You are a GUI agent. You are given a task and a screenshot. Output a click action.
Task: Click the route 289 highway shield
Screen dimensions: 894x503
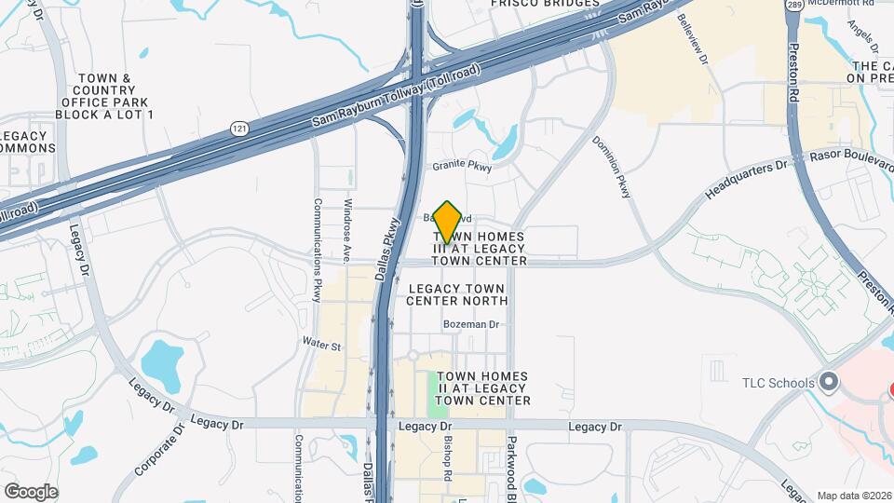[x=793, y=6]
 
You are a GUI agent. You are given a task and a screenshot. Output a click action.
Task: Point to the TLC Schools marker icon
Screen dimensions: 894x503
[x=830, y=382]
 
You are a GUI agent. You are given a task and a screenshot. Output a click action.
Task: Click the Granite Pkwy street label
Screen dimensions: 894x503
[x=462, y=168]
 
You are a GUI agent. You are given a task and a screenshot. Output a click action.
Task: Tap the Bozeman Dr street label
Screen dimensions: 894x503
[x=472, y=324]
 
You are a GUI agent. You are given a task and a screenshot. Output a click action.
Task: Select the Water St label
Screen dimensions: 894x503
[x=322, y=345]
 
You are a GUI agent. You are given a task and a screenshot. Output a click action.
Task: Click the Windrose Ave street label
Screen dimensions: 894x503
[x=346, y=229]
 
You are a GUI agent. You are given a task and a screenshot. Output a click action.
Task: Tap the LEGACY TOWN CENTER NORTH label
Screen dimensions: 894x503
[x=458, y=294]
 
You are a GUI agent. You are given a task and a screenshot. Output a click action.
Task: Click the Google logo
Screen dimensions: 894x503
[x=31, y=491]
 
